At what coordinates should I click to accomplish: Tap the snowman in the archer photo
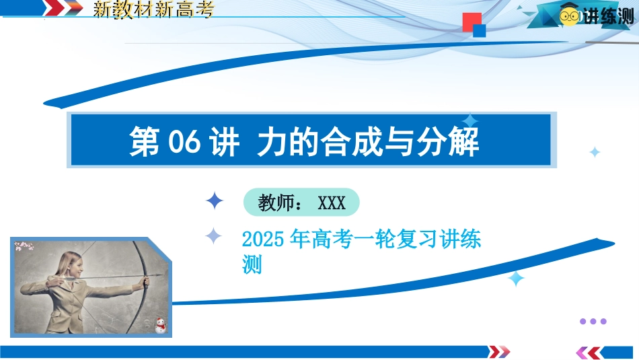161,326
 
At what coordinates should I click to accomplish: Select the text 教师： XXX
301,203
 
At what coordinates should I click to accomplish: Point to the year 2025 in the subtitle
263,239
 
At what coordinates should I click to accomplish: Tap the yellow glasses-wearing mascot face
569,16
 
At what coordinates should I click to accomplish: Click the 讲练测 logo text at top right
608,16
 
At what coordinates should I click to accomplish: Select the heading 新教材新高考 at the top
153,9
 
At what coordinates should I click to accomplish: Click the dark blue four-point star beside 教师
215,201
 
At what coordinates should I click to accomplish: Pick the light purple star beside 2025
213,236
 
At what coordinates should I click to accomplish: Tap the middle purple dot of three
593,321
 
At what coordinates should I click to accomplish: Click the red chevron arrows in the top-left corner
63,8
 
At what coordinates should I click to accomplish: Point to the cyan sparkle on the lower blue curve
516,279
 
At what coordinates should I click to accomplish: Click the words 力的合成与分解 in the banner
368,142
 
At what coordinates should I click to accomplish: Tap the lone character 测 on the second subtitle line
252,264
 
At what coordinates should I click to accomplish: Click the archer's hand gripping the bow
145,281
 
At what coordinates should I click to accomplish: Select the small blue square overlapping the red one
479,30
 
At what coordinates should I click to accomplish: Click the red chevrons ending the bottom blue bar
499,351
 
